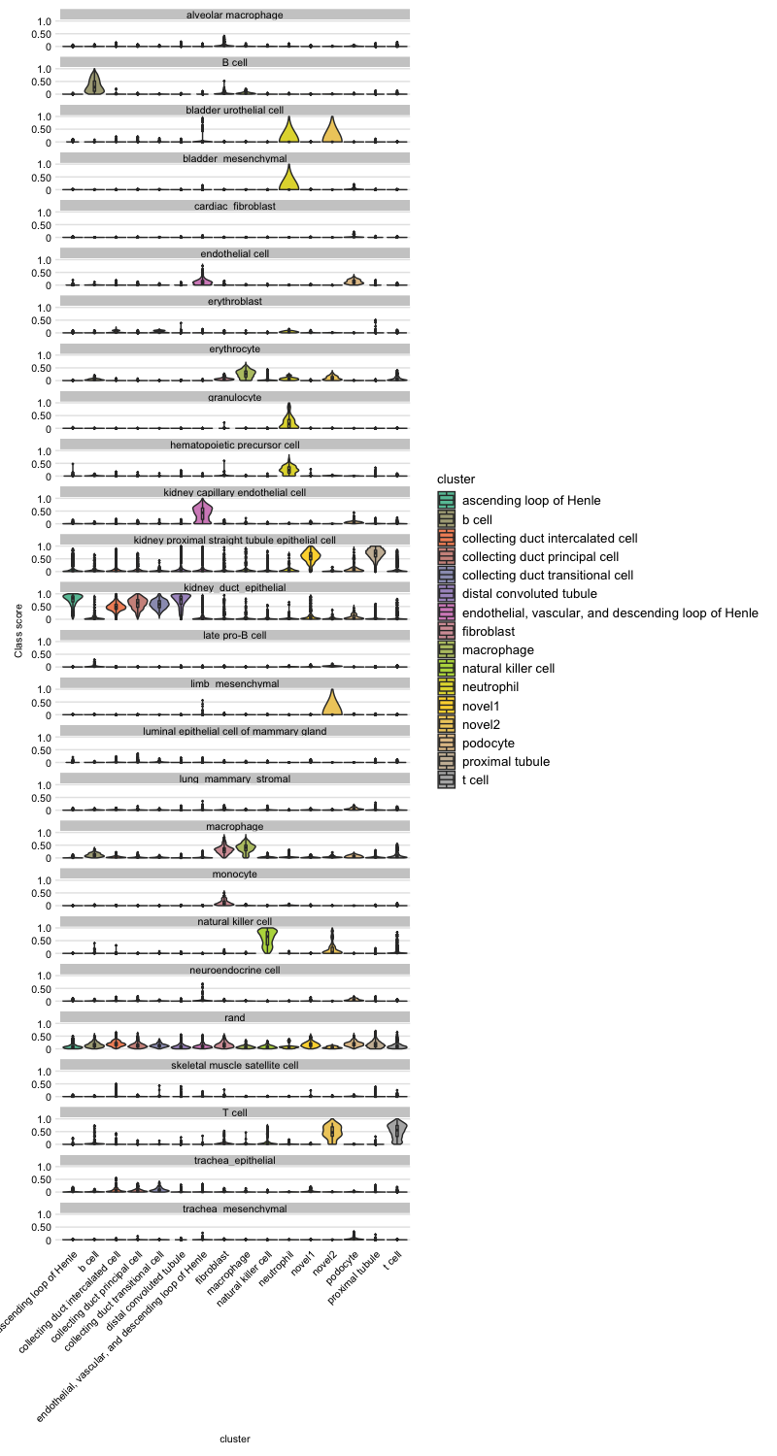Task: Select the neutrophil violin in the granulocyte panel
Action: [x=288, y=418]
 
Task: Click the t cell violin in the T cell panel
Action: [x=397, y=1132]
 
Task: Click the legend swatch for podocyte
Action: [x=446, y=743]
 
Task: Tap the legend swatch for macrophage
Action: [x=446, y=649]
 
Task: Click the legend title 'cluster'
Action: [x=456, y=479]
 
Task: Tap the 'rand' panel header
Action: [x=235, y=1017]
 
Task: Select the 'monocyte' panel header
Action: [x=235, y=874]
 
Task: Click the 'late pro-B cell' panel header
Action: [x=235, y=635]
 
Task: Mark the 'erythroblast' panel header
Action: [x=235, y=301]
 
